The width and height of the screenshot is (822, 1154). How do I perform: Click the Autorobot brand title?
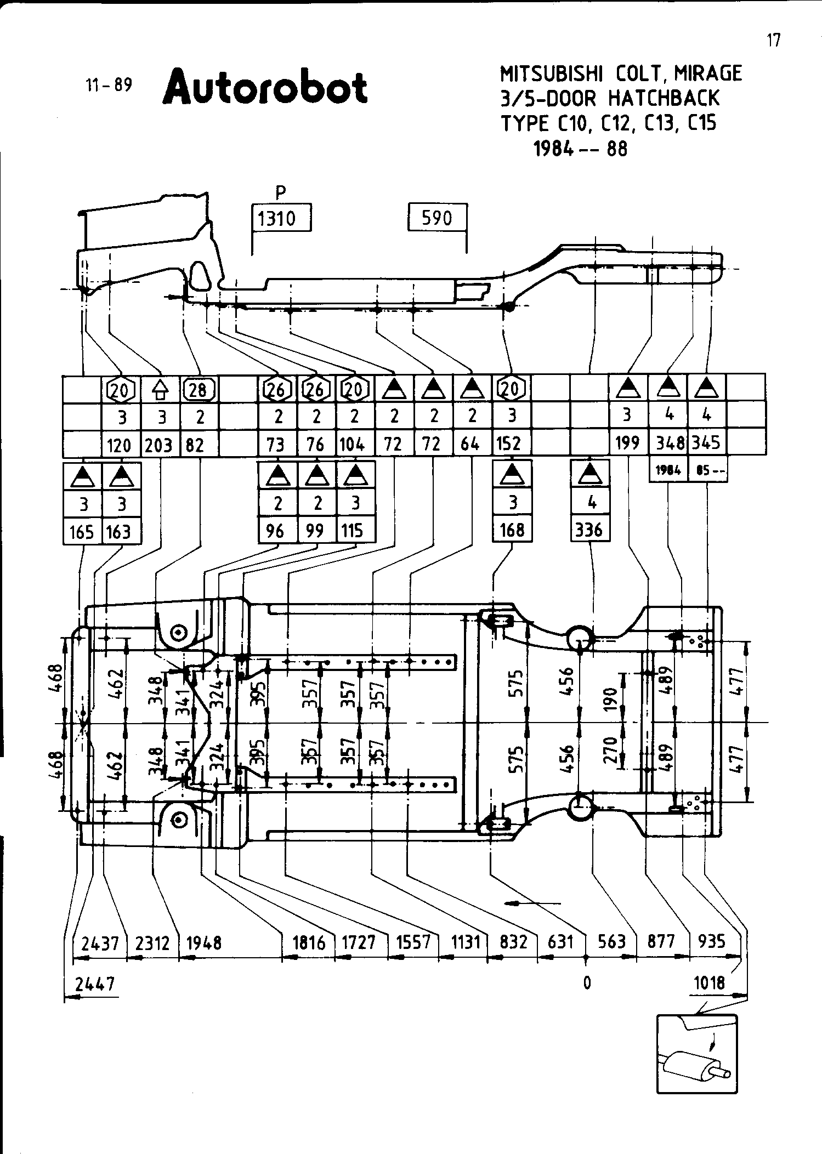(x=265, y=87)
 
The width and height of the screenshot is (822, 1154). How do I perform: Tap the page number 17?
(x=773, y=40)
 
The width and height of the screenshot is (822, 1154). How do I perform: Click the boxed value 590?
(x=437, y=218)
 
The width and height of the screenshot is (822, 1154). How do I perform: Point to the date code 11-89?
(x=109, y=85)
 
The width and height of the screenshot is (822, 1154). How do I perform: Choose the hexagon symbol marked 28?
(x=199, y=389)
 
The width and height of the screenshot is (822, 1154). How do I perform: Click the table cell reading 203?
(x=160, y=444)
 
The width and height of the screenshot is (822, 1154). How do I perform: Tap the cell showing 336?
(x=590, y=530)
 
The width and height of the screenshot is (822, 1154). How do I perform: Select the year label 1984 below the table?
(x=668, y=470)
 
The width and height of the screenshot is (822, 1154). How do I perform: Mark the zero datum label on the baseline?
(x=587, y=982)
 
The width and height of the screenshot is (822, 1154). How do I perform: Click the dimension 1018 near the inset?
(x=709, y=982)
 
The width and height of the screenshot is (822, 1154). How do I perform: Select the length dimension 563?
(x=611, y=941)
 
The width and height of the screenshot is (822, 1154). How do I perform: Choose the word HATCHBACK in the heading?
(x=664, y=99)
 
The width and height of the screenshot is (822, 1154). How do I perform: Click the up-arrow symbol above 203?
(x=160, y=389)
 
